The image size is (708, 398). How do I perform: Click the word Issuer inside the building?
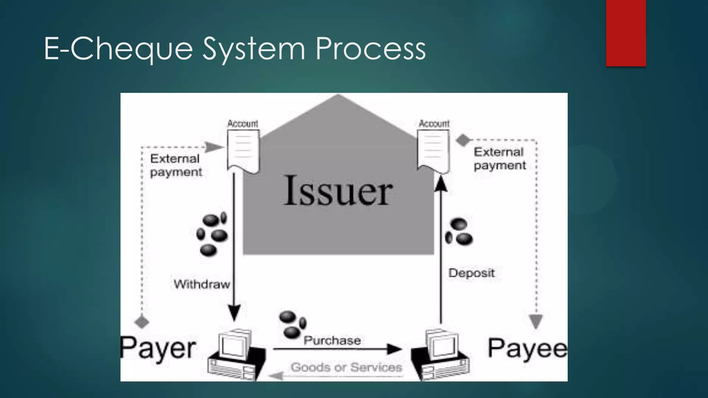338,191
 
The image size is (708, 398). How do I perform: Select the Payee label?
527,348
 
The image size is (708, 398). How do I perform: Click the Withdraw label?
202,284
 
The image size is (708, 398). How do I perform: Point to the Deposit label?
471,273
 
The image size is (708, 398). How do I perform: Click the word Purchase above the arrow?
332,341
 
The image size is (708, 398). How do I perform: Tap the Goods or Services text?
346,367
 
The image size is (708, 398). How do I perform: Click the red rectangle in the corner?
626,33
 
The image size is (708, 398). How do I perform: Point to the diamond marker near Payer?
142,322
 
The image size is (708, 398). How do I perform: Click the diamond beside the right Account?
463,140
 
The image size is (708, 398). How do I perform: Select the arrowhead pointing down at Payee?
536,321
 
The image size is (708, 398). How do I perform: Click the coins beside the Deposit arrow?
459,232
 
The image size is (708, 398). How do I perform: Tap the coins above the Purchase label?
292,324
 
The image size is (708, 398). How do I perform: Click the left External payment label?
176,165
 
